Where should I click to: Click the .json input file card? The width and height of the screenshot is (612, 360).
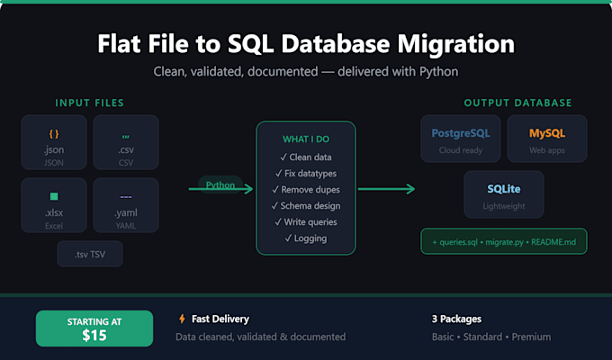(x=54, y=142)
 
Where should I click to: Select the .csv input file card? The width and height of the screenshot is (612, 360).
(x=126, y=142)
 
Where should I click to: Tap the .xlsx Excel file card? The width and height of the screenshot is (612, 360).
(x=54, y=205)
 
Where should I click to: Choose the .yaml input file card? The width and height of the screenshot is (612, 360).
(x=126, y=205)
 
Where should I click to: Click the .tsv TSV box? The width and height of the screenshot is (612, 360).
(x=90, y=254)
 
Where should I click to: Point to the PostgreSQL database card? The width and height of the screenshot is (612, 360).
(x=461, y=139)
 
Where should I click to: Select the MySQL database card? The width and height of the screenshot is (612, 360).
(x=547, y=139)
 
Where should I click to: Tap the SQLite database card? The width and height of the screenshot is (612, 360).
(x=504, y=194)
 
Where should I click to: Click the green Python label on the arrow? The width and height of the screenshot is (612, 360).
(x=220, y=184)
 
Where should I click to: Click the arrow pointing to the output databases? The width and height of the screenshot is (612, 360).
(x=386, y=189)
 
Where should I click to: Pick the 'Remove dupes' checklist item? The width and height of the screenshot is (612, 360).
(x=306, y=190)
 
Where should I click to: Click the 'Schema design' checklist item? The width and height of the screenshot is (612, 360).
(x=306, y=206)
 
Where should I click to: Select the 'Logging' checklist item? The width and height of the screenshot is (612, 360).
(x=306, y=238)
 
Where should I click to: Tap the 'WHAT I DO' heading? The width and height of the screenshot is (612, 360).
(x=306, y=139)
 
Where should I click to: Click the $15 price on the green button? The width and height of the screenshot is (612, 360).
(x=94, y=336)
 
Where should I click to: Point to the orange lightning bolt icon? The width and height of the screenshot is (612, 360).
(x=182, y=319)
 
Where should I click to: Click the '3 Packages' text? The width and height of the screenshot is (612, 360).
(x=456, y=319)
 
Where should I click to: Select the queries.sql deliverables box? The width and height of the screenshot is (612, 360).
(x=504, y=242)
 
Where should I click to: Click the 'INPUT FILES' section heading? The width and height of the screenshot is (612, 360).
(x=90, y=103)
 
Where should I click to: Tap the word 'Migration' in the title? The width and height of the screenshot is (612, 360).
(x=456, y=44)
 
